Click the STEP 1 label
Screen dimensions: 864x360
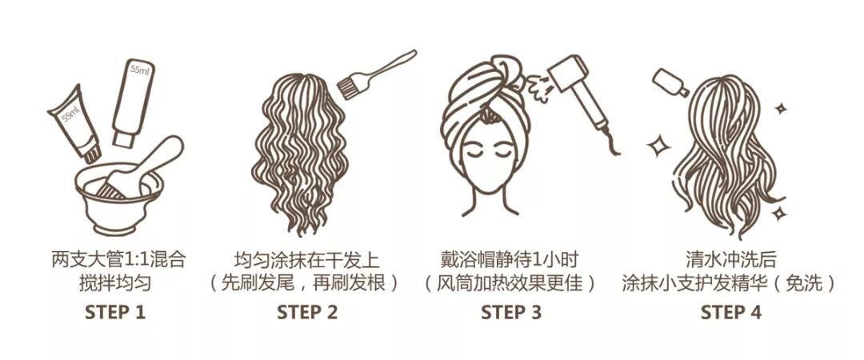[114, 313]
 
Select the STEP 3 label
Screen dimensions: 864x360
[511, 313]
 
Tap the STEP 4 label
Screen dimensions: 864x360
[730, 313]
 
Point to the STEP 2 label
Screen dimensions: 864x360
[307, 313]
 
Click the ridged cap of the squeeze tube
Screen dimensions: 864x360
[92, 154]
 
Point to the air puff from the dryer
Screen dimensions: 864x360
[539, 88]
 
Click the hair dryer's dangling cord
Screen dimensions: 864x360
[610, 142]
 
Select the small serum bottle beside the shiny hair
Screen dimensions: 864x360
[670, 82]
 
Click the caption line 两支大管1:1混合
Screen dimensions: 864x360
[119, 259]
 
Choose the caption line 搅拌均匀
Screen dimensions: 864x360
[114, 283]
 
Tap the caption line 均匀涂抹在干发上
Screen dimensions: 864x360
[307, 259]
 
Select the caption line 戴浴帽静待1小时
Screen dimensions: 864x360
[510, 259]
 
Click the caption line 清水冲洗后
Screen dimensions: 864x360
[730, 259]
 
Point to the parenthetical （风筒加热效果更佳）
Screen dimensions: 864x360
[510, 283]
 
